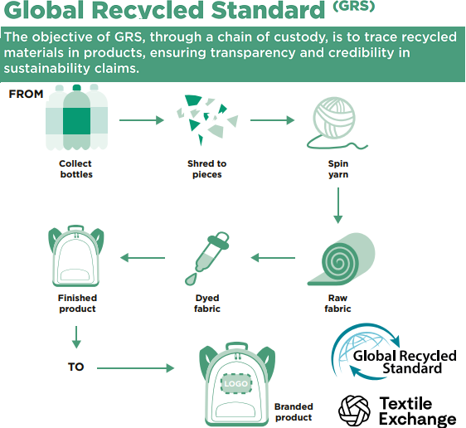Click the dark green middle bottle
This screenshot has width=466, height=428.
[x=76, y=118]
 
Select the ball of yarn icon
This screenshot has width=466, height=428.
[x=335, y=122]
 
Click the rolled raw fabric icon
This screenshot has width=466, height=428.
[x=341, y=259]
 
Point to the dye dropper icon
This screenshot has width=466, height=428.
[x=207, y=258]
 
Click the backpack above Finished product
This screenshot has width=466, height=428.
[x=76, y=256]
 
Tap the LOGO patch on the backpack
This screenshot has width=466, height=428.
[x=236, y=383]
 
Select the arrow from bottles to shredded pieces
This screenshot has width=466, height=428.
[x=142, y=120]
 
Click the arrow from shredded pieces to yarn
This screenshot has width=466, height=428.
[x=272, y=120]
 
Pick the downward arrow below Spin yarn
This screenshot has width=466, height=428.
[x=338, y=205]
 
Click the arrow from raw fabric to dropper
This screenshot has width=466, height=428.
[x=273, y=258]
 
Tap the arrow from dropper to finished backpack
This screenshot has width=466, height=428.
[x=143, y=258]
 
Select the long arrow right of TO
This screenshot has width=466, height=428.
[x=135, y=368]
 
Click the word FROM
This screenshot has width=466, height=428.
[x=27, y=94]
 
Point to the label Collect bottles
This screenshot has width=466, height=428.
[x=75, y=169]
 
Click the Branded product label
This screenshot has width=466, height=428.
[x=294, y=412]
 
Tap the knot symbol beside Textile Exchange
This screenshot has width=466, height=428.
[x=354, y=411]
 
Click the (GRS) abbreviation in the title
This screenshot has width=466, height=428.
[x=354, y=7]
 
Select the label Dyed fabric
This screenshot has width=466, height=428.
[x=207, y=304]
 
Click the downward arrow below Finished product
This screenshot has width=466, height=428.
[x=76, y=337]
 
